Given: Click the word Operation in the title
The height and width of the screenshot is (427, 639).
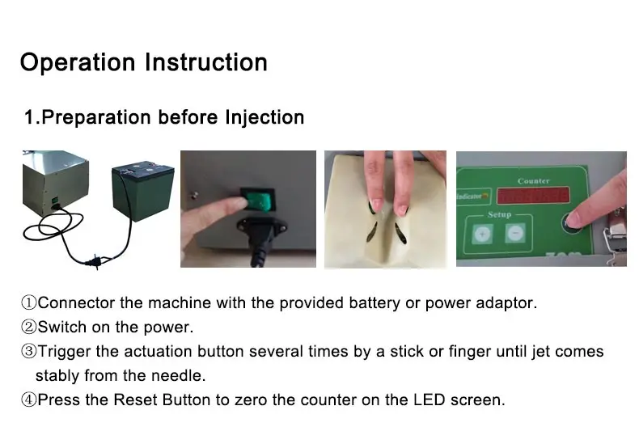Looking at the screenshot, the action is point(78,63).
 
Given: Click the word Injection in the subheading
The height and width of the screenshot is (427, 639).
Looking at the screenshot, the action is point(264,117).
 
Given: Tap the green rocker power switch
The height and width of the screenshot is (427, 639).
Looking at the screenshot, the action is point(259,200).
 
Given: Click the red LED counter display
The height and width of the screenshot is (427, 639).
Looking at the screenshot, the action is point(534,196).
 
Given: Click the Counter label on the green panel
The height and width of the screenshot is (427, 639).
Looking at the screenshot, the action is point(534,181).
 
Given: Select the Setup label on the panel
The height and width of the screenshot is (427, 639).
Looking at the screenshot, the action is point(499,215).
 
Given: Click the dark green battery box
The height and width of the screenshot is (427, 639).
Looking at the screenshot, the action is point(143,192).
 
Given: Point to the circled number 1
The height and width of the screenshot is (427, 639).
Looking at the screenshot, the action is point(28,302).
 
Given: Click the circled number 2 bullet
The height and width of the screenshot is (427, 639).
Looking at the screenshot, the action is point(28,327).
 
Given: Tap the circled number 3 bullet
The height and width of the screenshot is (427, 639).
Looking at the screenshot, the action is point(28,351).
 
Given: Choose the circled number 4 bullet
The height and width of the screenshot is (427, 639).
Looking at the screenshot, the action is point(28,400).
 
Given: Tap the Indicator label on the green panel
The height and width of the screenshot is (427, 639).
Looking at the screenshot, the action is point(472,197).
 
